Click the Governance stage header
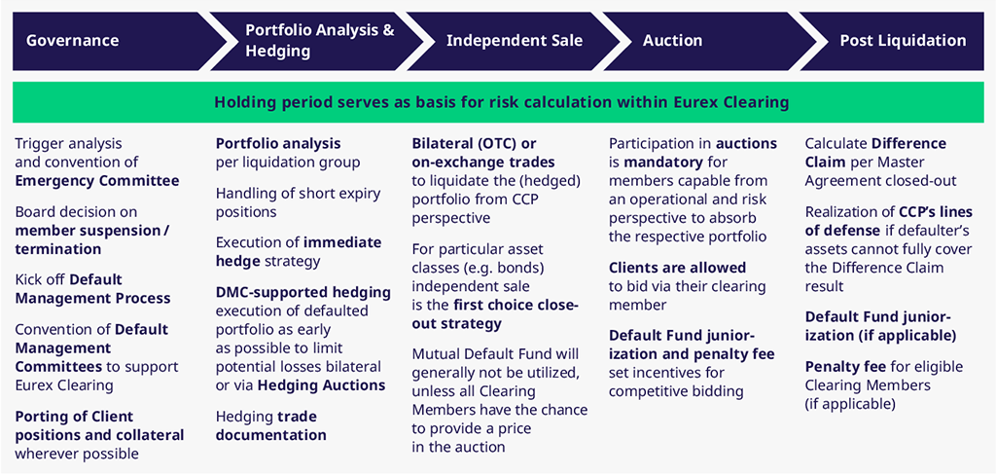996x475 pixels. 72,41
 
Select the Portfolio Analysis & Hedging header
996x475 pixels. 320,40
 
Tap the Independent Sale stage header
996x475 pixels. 515,41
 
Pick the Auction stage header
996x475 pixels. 673,41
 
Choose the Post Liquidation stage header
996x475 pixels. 903,41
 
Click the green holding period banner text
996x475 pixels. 502,102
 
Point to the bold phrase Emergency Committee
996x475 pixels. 97,181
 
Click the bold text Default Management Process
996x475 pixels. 93,289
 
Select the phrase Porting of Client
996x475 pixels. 74,418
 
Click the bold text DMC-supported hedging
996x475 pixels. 303,293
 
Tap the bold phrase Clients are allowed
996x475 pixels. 678,268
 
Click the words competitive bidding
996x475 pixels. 677,391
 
